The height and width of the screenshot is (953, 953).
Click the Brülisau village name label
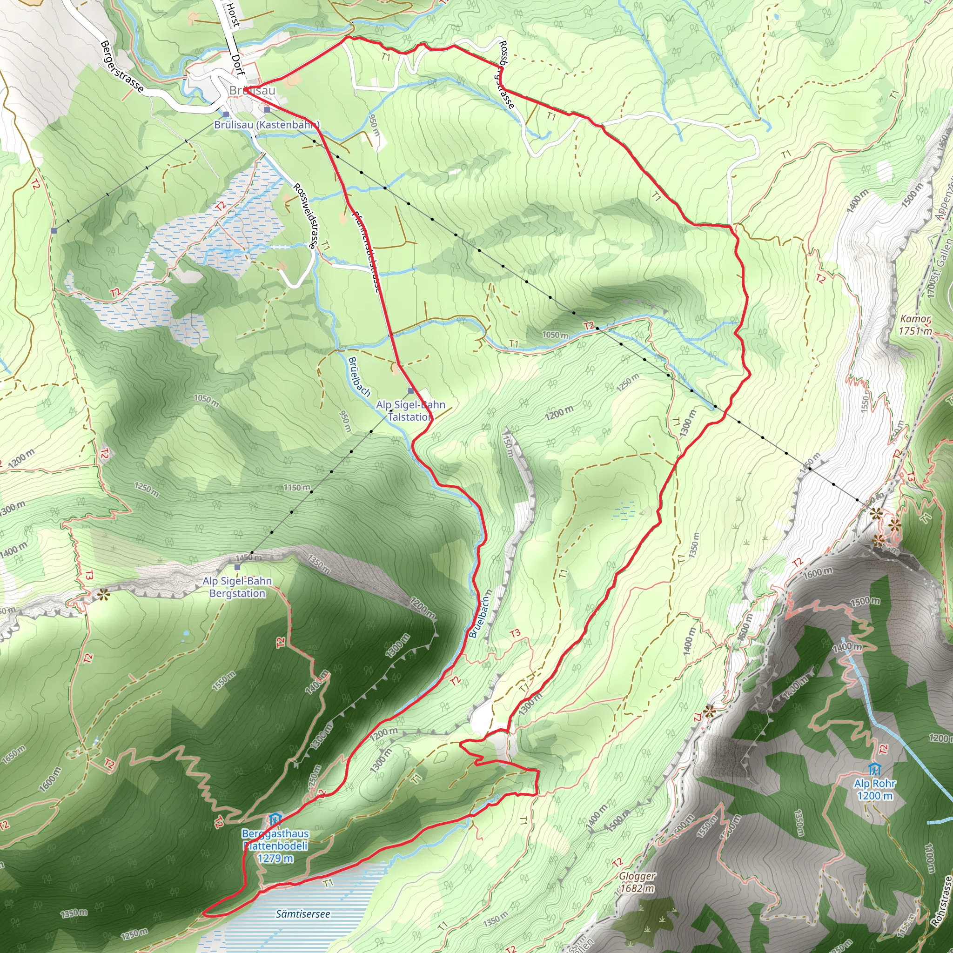click(252, 91)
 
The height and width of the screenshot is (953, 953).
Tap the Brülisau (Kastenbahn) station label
click(266, 125)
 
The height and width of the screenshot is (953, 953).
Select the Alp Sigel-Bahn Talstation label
click(410, 410)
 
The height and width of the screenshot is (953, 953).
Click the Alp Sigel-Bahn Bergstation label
click(237, 587)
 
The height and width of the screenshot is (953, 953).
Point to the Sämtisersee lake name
click(302, 913)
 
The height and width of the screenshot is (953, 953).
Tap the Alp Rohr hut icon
click(874, 769)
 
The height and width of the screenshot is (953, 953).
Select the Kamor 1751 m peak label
click(915, 325)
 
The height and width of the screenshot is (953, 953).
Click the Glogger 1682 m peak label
click(638, 882)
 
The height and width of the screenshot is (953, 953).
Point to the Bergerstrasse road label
click(122, 67)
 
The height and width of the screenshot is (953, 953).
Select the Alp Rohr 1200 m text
click(874, 789)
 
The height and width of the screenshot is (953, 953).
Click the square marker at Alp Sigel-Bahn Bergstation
click(237, 567)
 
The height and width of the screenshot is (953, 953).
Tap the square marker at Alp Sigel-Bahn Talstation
click(410, 391)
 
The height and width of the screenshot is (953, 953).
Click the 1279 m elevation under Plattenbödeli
click(275, 858)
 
